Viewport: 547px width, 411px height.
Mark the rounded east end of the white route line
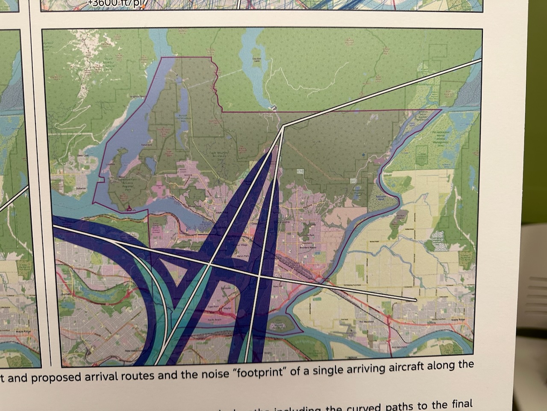[415, 300]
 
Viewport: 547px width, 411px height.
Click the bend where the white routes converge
[283, 126]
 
